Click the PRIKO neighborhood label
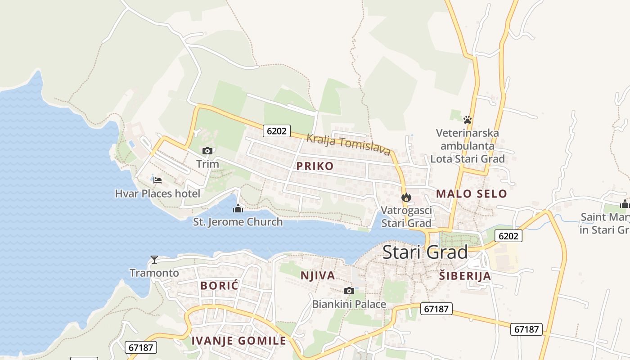coord(315,166)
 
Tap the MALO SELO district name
coord(471,194)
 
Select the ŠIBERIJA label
coord(465,276)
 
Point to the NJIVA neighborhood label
coord(318,275)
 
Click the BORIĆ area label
coord(219,285)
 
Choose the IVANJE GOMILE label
coord(239,341)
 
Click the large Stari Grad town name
coord(425,252)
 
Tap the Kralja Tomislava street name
coord(348,144)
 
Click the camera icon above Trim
coord(207,151)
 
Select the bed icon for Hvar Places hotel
coord(157,180)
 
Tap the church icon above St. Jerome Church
coord(238,208)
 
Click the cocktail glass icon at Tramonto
coord(154,260)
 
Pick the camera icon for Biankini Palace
coord(349,291)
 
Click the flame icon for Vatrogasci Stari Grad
coord(406,197)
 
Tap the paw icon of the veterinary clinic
coord(468,120)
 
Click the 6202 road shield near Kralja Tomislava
coord(276,131)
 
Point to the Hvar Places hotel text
coord(157,193)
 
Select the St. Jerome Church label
coord(238,222)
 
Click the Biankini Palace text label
coord(349,304)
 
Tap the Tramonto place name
coord(154,273)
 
